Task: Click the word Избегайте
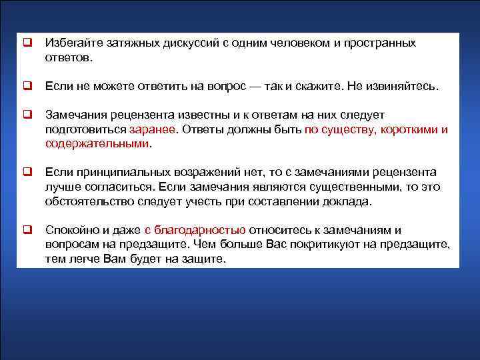(x=70, y=43)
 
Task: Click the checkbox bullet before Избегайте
(x=28, y=43)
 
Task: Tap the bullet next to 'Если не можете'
(x=28, y=86)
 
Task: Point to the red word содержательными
(x=97, y=143)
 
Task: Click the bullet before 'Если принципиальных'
(x=28, y=172)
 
